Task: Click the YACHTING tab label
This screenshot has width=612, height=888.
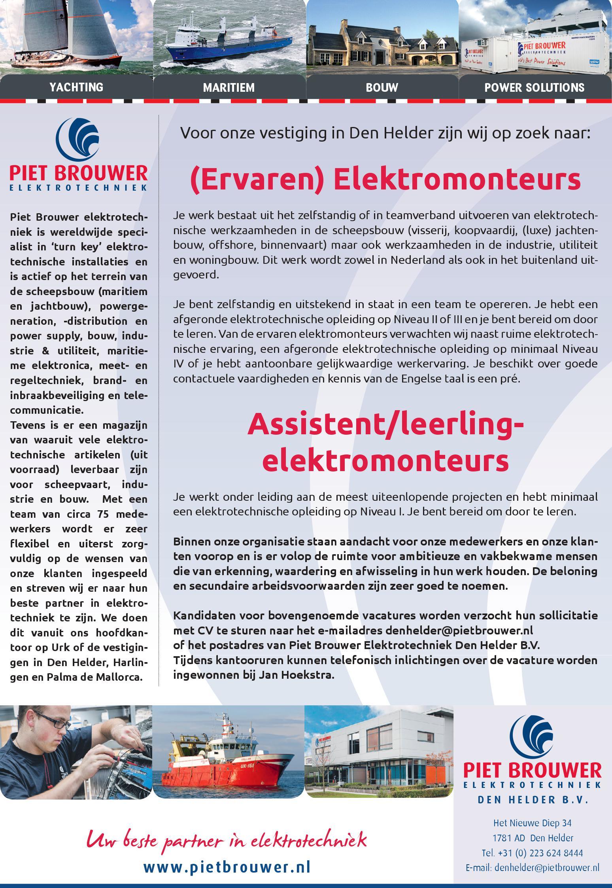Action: [x=76, y=87]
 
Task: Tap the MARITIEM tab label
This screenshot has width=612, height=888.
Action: [x=229, y=87]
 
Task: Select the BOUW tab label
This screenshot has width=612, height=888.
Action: [x=382, y=87]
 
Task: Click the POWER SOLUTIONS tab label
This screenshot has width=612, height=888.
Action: [x=535, y=87]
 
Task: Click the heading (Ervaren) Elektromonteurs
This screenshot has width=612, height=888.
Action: [x=385, y=180]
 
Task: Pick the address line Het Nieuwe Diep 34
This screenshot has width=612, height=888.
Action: [x=532, y=823]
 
